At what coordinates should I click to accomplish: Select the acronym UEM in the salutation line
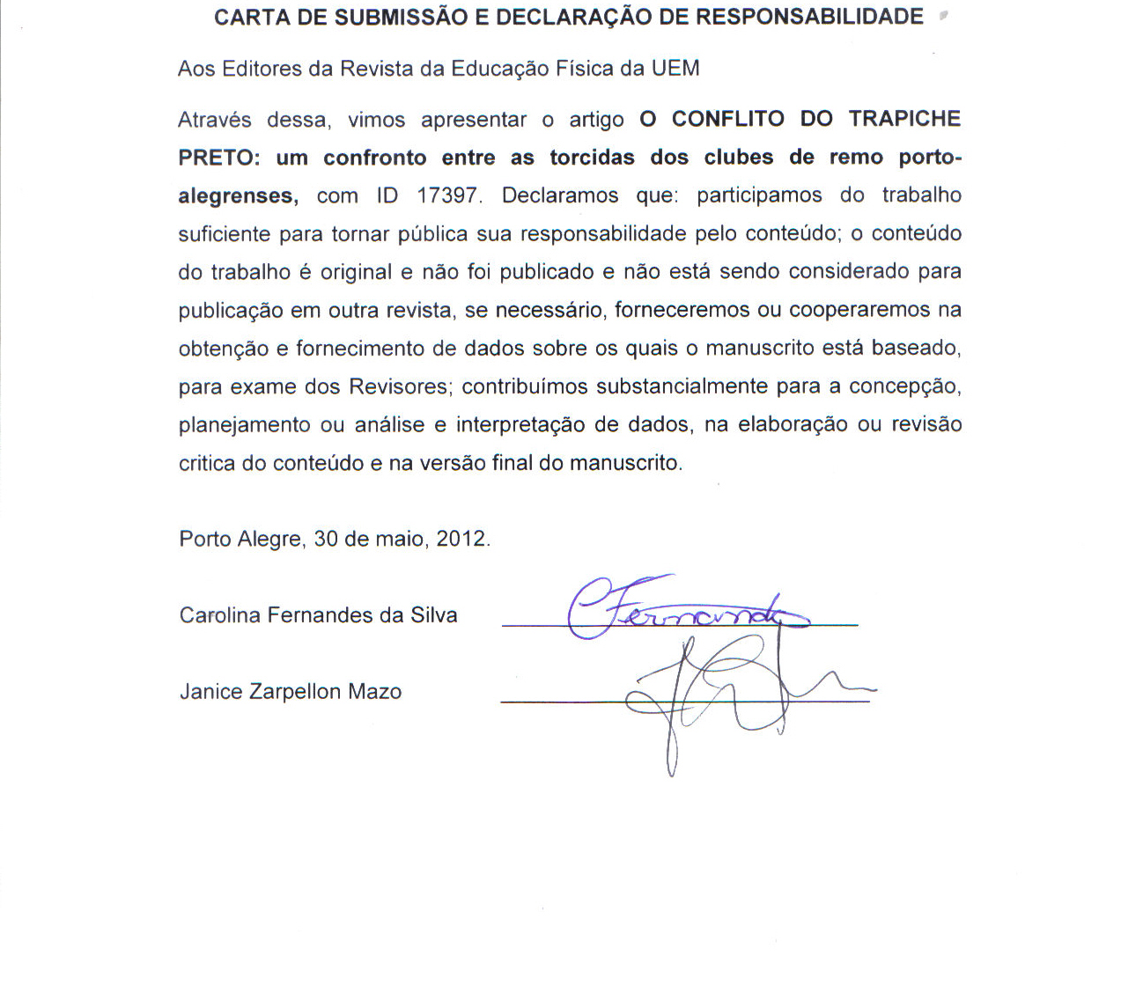(675, 69)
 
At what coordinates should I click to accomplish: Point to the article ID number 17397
(449, 195)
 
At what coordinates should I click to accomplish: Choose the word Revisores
(401, 386)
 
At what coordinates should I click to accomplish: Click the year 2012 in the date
(461, 539)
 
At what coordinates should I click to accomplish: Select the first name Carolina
(220, 615)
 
